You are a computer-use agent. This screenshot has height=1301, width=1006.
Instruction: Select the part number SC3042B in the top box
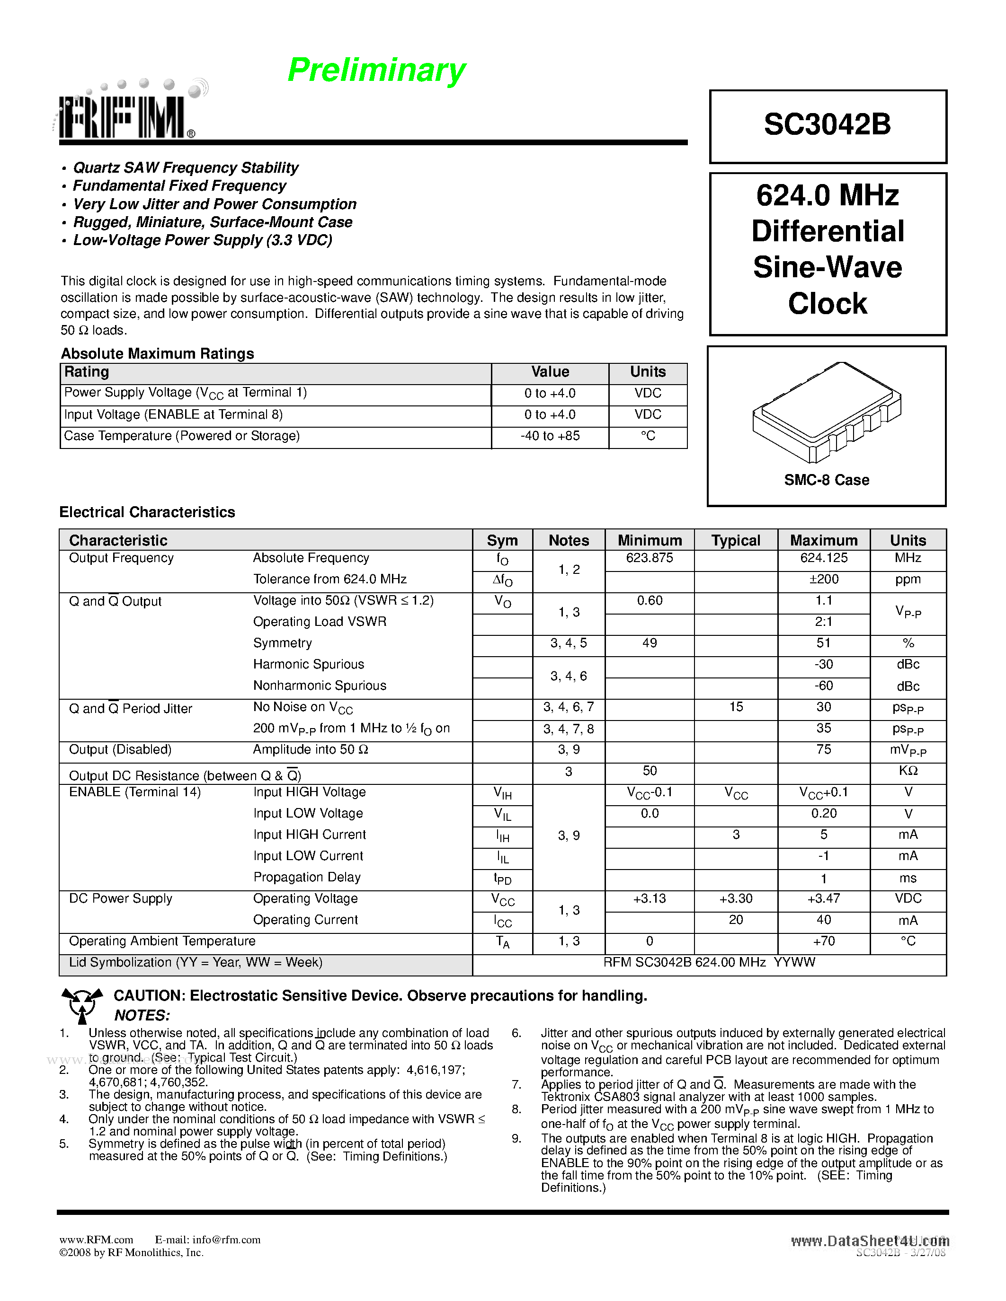(827, 125)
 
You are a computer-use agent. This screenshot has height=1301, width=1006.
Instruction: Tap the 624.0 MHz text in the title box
(827, 195)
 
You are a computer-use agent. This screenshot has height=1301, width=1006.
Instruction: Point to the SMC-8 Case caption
(827, 480)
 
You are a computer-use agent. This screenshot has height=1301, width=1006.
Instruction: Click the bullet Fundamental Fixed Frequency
(179, 186)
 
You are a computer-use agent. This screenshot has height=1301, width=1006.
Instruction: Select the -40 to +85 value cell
(550, 436)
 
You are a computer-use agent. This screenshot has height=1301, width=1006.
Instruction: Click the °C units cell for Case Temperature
(648, 436)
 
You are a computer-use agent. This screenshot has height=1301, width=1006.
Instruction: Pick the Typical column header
(735, 540)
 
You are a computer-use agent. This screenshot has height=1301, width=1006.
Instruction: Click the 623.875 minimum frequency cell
(649, 558)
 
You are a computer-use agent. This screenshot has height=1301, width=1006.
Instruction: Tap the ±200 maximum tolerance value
(824, 579)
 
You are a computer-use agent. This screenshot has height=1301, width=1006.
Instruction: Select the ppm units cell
(908, 579)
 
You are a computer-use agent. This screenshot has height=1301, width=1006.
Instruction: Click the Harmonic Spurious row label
(308, 664)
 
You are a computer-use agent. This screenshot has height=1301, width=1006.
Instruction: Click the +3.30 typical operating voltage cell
(735, 898)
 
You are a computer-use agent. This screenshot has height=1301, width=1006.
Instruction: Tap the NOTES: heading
(142, 1015)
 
